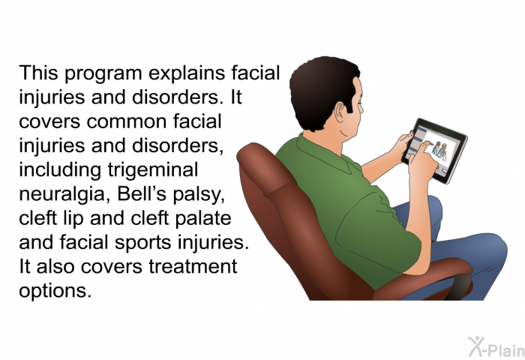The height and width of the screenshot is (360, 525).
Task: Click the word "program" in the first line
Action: click(x=103, y=74)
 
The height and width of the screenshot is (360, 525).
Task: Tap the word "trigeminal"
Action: click(x=153, y=170)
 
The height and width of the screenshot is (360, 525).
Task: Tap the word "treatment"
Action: click(x=193, y=267)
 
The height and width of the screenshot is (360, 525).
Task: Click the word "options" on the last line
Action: click(x=55, y=291)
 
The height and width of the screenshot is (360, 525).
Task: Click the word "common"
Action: click(x=127, y=122)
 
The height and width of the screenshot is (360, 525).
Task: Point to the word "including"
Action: click(x=60, y=170)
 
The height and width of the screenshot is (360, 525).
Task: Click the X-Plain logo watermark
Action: click(x=496, y=347)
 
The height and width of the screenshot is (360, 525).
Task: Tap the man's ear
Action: click(x=340, y=112)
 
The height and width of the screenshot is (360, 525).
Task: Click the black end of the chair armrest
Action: click(x=459, y=286)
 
